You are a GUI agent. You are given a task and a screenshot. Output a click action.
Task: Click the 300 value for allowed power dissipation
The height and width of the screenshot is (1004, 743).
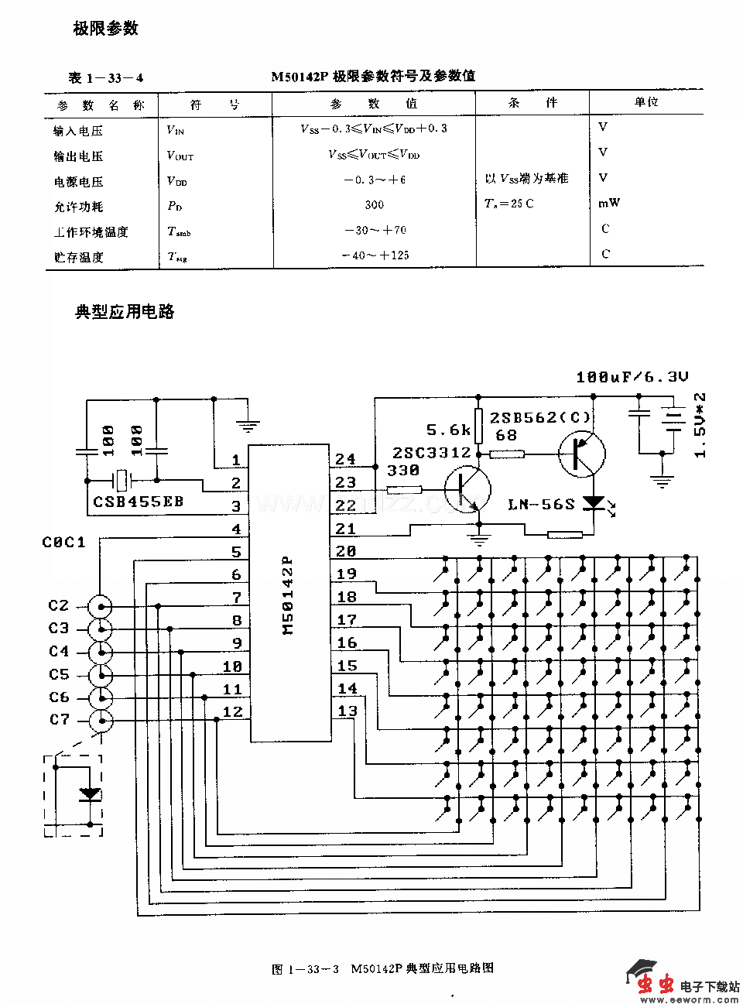pos(374,205)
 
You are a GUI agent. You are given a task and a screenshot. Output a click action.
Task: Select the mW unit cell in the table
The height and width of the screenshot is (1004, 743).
pos(609,204)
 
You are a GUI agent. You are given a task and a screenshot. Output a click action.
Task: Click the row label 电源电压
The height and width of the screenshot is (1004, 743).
pos(78,182)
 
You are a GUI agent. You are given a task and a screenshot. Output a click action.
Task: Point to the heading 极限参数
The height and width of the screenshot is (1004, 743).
pos(105,29)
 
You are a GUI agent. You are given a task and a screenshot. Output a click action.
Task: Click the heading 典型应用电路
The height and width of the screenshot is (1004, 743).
pos(124,312)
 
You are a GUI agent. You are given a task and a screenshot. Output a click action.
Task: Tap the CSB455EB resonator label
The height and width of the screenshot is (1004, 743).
pos(139,502)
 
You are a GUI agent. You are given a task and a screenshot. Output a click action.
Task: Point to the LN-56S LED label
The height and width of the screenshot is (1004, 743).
pos(542,505)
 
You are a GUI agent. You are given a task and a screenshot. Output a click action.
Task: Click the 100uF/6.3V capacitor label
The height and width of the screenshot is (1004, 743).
pos(632,377)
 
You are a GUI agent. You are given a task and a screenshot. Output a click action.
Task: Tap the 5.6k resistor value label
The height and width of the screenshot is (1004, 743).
pos(448,430)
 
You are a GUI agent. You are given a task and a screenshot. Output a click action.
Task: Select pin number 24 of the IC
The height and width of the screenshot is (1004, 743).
pos(346,459)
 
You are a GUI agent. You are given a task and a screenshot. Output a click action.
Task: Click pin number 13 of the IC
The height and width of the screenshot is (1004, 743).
pos(348,711)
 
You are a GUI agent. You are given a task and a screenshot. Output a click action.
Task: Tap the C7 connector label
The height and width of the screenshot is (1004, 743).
pos(60,720)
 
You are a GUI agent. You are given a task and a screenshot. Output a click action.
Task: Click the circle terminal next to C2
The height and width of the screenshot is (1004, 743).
pos(100,606)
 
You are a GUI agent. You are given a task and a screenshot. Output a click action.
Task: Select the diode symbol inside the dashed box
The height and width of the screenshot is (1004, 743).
pos(91,794)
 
